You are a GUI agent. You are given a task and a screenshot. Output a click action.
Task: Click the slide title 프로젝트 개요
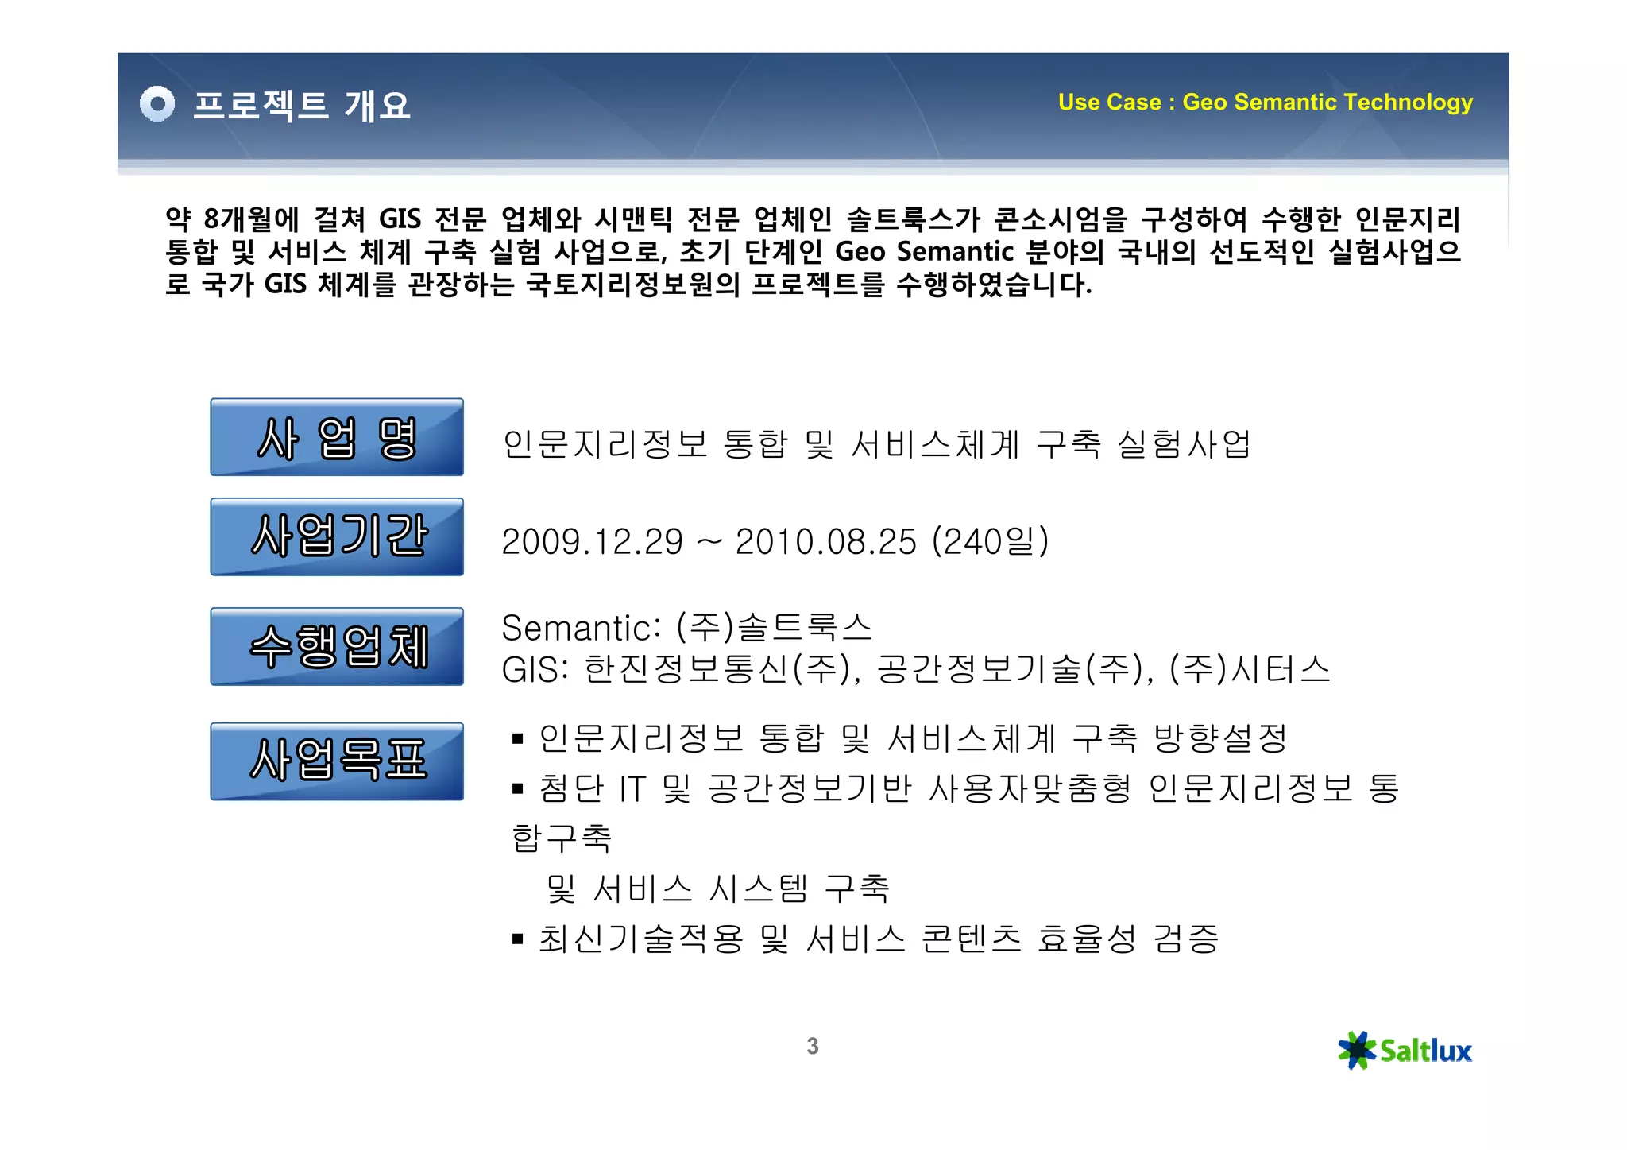301,106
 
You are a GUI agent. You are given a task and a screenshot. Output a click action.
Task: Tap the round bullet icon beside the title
157,104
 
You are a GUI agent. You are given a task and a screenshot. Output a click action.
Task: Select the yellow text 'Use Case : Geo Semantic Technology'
1265,103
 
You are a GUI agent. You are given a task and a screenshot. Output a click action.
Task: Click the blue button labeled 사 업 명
337,437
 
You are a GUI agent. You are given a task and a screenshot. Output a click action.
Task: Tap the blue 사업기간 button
337,536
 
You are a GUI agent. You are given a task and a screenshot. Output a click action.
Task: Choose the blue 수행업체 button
337,646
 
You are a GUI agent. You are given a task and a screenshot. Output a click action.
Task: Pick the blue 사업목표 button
337,761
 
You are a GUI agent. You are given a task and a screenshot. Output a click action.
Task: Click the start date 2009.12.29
592,542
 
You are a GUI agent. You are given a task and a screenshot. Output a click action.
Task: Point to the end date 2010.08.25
825,542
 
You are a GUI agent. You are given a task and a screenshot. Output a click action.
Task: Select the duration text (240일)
990,542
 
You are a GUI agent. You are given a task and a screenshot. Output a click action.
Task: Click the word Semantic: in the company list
581,629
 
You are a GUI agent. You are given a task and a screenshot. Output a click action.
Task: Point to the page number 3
812,1046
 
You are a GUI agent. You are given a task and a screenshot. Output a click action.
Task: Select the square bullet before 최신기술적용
518,939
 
